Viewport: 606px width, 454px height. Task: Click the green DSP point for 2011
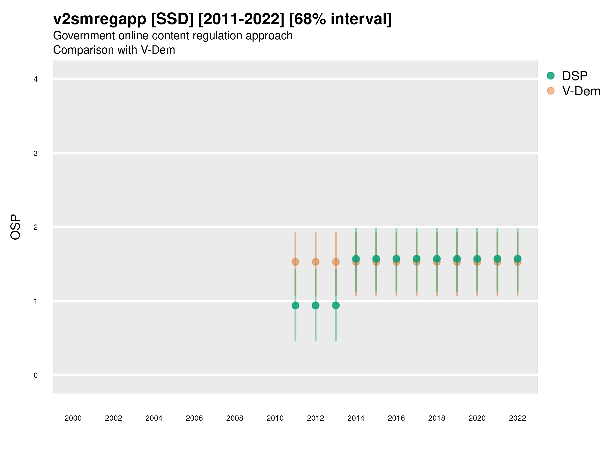point(295,305)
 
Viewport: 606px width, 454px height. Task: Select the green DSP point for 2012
point(316,305)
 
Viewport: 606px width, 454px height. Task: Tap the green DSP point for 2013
point(336,305)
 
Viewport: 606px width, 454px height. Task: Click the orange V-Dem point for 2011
point(295,262)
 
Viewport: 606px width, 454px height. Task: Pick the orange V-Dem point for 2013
point(336,262)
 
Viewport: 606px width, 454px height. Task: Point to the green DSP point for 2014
point(356,259)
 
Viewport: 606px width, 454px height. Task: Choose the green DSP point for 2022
point(518,259)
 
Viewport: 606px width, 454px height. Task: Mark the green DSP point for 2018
point(437,259)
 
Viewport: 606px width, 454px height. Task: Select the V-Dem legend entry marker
point(551,91)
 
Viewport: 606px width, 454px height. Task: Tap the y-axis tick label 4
point(36,79)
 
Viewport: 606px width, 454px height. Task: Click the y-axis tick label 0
point(36,375)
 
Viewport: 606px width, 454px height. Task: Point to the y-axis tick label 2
point(36,227)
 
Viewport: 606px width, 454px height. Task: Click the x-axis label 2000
point(73,418)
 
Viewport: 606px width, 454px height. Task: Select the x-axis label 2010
point(275,418)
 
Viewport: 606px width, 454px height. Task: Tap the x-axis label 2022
point(518,418)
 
